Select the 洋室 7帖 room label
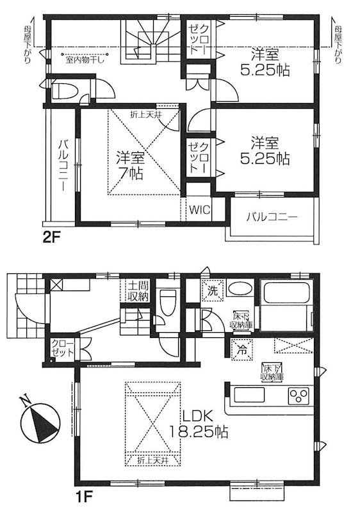pos(129,164)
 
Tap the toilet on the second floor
pos(65,90)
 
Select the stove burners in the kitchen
pos(299,395)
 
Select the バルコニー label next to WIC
pos(273,218)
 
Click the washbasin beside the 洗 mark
pos(240,289)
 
